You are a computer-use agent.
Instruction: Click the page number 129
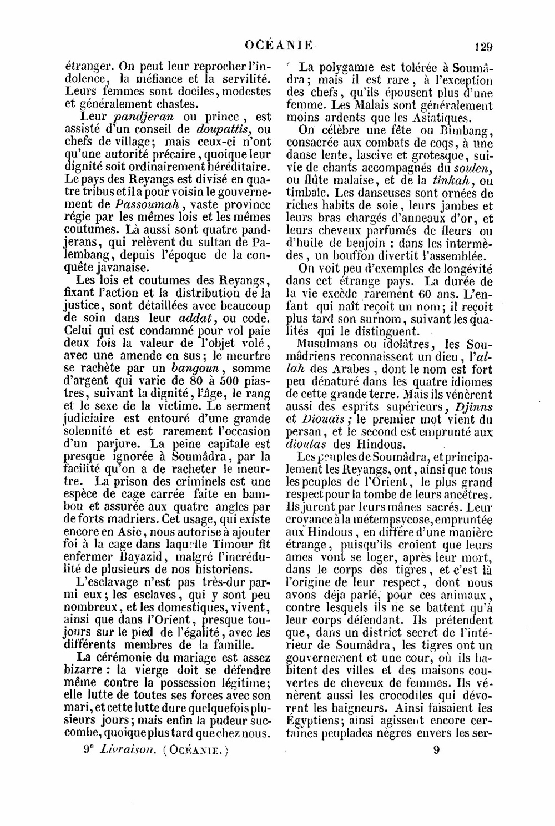tap(484, 46)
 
